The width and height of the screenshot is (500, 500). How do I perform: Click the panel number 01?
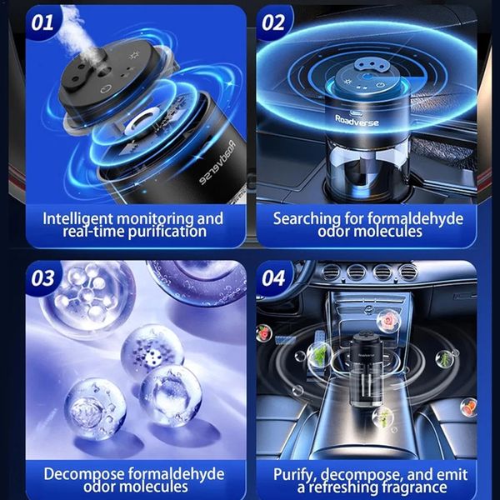[42, 23]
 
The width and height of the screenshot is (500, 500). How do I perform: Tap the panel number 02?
[273, 23]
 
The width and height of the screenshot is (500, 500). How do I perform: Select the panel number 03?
[42, 278]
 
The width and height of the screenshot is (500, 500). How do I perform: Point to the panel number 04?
[273, 278]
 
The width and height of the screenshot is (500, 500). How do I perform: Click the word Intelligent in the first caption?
[77, 219]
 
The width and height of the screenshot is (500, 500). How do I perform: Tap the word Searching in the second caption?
[307, 219]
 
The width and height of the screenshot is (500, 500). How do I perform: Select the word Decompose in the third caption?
[84, 474]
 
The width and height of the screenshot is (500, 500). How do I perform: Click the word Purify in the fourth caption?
[295, 475]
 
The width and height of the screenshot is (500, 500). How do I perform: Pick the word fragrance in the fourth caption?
[414, 487]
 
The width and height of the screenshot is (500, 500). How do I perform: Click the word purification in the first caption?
[167, 232]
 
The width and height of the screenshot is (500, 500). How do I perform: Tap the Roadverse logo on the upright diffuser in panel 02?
[357, 121]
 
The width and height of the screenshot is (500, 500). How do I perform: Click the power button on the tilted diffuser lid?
[106, 89]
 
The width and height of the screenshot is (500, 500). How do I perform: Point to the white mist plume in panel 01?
[74, 30]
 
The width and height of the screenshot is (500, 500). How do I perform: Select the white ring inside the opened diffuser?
[143, 122]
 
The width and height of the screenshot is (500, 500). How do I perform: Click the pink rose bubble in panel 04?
[388, 321]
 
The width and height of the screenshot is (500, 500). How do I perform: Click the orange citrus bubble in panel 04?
[468, 407]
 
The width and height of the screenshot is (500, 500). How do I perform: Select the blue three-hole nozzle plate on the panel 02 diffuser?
[368, 65]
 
